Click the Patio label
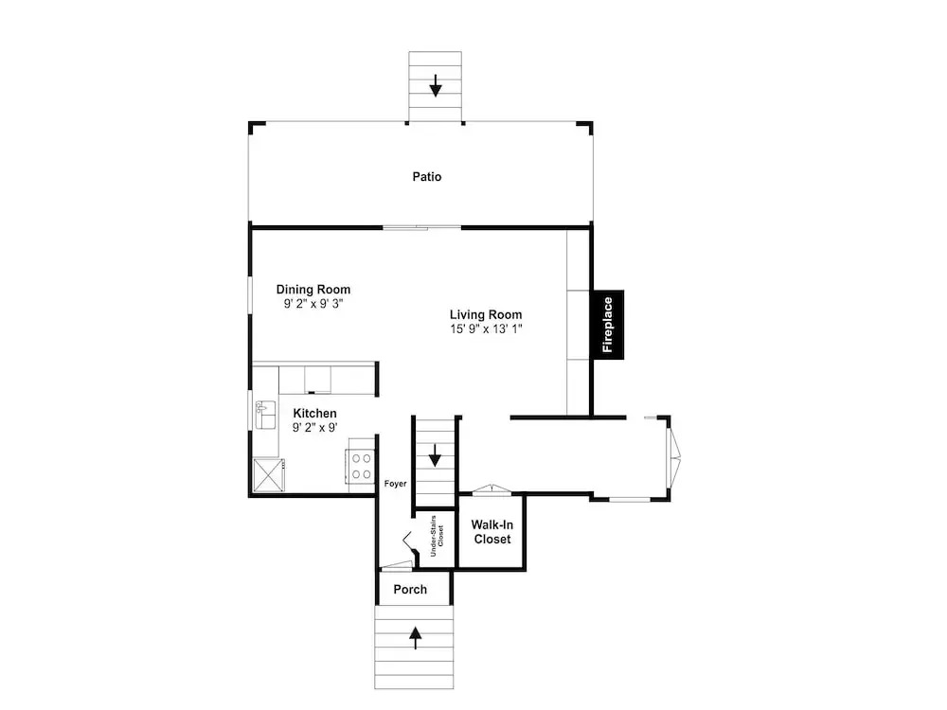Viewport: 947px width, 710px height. coord(427,177)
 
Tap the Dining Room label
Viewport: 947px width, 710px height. coord(313,290)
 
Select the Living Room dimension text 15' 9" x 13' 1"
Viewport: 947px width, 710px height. coord(486,329)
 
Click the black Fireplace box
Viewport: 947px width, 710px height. coord(608,325)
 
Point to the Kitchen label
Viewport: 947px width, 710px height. coord(314,414)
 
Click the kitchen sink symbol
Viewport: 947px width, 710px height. coord(266,415)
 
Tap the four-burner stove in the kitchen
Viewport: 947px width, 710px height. coord(361,466)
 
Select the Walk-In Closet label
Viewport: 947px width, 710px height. coord(492,532)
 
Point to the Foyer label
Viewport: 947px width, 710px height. coord(396,484)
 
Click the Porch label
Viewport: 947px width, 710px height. coord(410,589)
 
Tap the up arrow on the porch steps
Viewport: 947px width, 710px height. coord(416,637)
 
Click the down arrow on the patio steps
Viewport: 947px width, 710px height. coord(436,85)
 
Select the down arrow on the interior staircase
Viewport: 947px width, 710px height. coord(435,455)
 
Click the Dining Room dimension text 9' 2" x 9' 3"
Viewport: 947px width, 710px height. coord(313,304)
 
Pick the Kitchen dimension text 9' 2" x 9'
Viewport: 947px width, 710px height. coord(314,428)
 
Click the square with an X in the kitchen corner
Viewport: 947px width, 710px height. coord(269,475)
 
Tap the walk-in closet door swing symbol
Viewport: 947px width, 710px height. coord(491,489)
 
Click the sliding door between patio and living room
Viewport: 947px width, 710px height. coord(422,227)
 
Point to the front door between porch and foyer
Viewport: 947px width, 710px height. coord(396,566)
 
